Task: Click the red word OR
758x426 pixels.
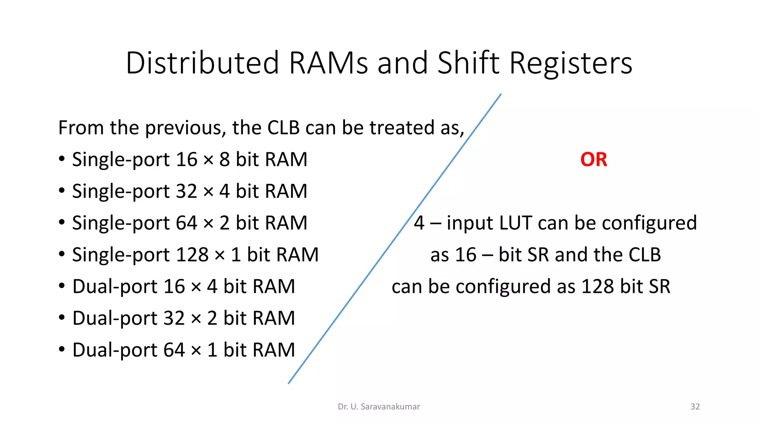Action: (x=594, y=160)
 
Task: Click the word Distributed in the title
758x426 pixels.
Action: (x=202, y=63)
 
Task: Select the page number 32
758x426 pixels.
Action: (x=695, y=406)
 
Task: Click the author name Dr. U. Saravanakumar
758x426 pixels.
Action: (x=379, y=406)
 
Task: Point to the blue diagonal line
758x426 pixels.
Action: (x=395, y=239)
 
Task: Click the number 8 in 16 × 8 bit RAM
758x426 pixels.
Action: (x=224, y=160)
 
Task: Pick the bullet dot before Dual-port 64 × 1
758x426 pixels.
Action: (x=62, y=349)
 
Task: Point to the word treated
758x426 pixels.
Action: (x=402, y=128)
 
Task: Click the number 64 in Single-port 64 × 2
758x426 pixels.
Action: (x=186, y=223)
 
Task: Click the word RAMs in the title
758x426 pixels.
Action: (x=328, y=63)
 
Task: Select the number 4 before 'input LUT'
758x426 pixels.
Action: (x=419, y=223)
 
